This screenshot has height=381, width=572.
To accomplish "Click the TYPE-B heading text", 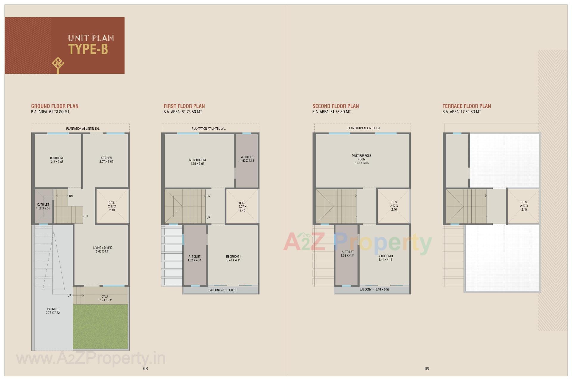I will click(x=88, y=49).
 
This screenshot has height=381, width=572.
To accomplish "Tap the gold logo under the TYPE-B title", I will click(x=58, y=65).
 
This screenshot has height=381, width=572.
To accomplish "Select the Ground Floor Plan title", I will click(x=55, y=106).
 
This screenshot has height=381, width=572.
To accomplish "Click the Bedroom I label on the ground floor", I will click(x=57, y=160).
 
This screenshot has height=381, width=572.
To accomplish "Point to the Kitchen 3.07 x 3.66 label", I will click(x=106, y=160).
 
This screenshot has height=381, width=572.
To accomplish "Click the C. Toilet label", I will click(x=43, y=206).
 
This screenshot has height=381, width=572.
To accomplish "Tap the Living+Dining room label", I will click(x=103, y=249).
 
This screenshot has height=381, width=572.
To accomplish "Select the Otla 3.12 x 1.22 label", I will click(x=105, y=298).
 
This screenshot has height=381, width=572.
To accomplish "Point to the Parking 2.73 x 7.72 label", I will click(x=53, y=311).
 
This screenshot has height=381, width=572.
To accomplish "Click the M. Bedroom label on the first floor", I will click(x=197, y=162).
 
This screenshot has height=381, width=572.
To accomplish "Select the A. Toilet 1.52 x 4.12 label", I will click(x=247, y=159).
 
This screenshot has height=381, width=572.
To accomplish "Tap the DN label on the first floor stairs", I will click(x=209, y=196).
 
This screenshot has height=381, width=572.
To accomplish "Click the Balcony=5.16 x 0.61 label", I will click(x=223, y=290).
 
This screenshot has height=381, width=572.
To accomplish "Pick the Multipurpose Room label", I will click(x=361, y=159).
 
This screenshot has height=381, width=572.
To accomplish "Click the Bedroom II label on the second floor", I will click(x=385, y=258).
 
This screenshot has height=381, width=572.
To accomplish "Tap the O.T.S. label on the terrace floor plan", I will click(x=524, y=206).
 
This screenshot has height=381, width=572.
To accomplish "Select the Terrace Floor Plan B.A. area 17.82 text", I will click(x=462, y=112).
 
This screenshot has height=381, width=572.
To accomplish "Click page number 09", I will click(x=427, y=368).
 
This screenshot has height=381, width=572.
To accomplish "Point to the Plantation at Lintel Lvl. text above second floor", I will click(x=364, y=128).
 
